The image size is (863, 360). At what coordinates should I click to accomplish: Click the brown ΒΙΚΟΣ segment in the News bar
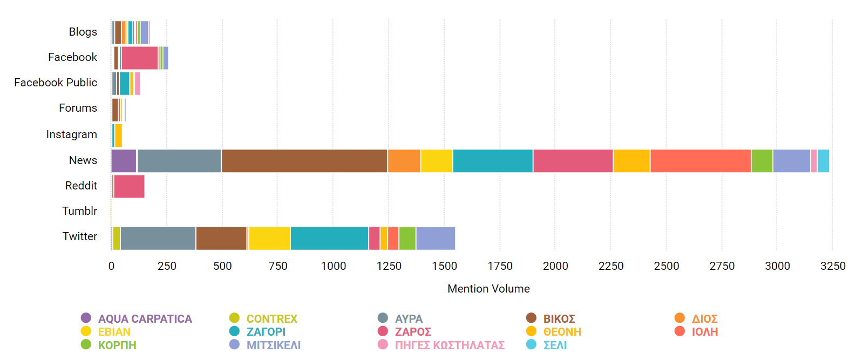pyautogui.click(x=304, y=161)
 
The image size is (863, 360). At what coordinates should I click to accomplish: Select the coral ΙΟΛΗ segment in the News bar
pyautogui.click(x=701, y=161)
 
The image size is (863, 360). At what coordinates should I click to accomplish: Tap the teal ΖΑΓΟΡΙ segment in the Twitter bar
pyautogui.click(x=329, y=239)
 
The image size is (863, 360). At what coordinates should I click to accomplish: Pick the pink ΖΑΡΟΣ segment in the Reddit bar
pyautogui.click(x=129, y=186)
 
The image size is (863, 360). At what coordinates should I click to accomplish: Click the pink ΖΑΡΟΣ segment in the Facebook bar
pyautogui.click(x=139, y=58)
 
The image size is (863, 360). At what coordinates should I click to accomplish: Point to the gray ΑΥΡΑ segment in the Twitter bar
pyautogui.click(x=158, y=239)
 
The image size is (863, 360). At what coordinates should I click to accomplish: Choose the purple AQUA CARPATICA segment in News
pyautogui.click(x=124, y=161)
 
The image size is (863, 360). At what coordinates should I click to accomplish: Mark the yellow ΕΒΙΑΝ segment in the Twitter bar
pyautogui.click(x=269, y=239)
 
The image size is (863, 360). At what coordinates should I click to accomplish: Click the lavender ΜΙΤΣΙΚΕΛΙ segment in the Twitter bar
pyautogui.click(x=436, y=239)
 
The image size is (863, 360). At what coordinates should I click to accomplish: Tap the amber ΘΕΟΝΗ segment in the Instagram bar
pyautogui.click(x=118, y=135)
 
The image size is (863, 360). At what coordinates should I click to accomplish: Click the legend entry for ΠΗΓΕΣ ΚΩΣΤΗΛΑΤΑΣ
pyautogui.click(x=449, y=345)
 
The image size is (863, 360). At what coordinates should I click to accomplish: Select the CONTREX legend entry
pyautogui.click(x=271, y=318)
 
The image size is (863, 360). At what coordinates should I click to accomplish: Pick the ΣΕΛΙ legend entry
pyautogui.click(x=554, y=345)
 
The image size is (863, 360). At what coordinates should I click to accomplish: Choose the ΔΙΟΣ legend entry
pyautogui.click(x=704, y=318)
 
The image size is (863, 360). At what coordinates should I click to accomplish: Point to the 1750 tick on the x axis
pyautogui.click(x=500, y=266)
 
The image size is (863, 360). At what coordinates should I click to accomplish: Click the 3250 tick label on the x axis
pyautogui.click(x=833, y=266)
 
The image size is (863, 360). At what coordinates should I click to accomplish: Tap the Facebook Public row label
pyautogui.click(x=56, y=83)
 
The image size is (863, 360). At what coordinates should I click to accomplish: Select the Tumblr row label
pyautogui.click(x=79, y=211)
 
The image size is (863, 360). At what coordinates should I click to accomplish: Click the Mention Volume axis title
pyautogui.click(x=488, y=289)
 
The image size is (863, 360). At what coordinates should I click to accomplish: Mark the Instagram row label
pyautogui.click(x=72, y=134)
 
